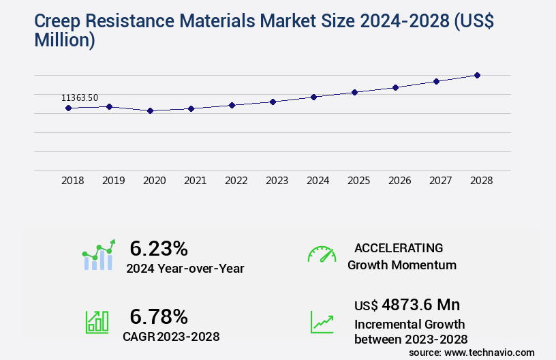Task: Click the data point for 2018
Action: pyautogui.click(x=68, y=108)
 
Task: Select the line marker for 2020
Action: pyautogui.click(x=150, y=110)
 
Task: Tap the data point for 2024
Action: pyautogui.click(x=313, y=97)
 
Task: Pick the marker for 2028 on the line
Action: pyautogui.click(x=477, y=75)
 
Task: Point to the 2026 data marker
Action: pyautogui.click(x=395, y=87)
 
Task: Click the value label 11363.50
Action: pyautogui.click(x=80, y=98)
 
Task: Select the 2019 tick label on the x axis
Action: pyautogui.click(x=114, y=181)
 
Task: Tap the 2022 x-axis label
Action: pyautogui.click(x=236, y=181)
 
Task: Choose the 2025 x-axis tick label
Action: pyautogui.click(x=359, y=181)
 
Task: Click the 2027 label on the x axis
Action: pyautogui.click(x=441, y=181)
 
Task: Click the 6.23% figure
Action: pyautogui.click(x=159, y=247)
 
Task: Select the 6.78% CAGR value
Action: pyautogui.click(x=159, y=316)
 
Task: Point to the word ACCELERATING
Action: pyautogui.click(x=399, y=247)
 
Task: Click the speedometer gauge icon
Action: pyautogui.click(x=322, y=254)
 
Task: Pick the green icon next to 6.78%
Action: pyautogui.click(x=97, y=321)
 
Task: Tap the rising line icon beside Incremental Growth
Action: pyautogui.click(x=322, y=322)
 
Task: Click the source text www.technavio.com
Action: pyautogui.click(x=489, y=352)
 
